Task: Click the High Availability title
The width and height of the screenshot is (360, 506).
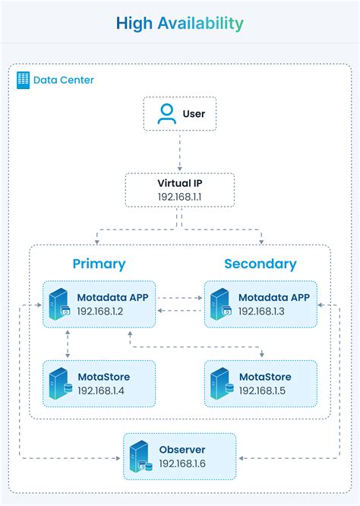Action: pyautogui.click(x=180, y=24)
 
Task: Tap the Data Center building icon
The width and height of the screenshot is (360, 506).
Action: pyautogui.click(x=22, y=80)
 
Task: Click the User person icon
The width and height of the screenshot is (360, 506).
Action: pyautogui.click(x=166, y=114)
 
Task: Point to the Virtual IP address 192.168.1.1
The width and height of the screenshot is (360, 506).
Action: pyautogui.click(x=180, y=196)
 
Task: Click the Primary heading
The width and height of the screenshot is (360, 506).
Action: pyautogui.click(x=99, y=264)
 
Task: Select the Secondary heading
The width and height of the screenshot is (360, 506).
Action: pyautogui.click(x=261, y=264)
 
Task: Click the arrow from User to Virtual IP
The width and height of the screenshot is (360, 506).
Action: pyautogui.click(x=180, y=151)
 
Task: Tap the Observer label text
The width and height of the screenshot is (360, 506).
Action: pyautogui.click(x=182, y=450)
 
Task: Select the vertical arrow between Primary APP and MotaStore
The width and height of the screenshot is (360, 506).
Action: pyautogui.click(x=68, y=343)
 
